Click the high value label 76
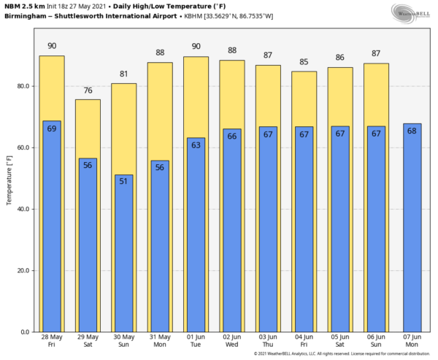[x=88, y=91]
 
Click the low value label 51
[x=123, y=181]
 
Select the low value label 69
[x=52, y=129]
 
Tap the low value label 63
[x=196, y=145]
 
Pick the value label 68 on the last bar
[x=412, y=131]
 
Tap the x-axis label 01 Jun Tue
[x=196, y=342]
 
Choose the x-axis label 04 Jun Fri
[x=304, y=342]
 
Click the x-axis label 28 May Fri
[x=52, y=342]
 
